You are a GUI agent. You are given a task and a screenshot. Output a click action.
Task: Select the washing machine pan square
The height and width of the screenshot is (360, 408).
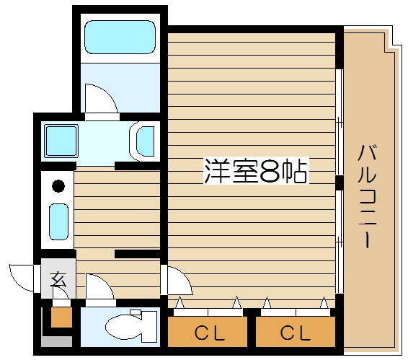(61, 139)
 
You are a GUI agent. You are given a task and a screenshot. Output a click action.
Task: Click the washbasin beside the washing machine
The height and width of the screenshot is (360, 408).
(146, 140)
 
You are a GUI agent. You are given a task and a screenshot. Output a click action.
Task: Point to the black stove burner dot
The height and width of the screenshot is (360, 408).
(58, 186)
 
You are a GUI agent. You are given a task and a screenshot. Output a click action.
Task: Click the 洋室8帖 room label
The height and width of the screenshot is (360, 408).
(255, 172)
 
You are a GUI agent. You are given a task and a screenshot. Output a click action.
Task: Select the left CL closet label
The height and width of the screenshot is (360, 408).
(209, 334)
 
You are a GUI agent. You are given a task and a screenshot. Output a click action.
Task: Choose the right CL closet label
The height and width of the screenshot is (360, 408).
(295, 334)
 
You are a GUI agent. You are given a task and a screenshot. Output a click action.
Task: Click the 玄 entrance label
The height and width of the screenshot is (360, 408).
(58, 280)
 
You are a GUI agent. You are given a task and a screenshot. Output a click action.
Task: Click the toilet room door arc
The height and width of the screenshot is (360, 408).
(97, 285)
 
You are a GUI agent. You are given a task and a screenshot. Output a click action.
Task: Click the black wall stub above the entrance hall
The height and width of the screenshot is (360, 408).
(137, 253)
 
